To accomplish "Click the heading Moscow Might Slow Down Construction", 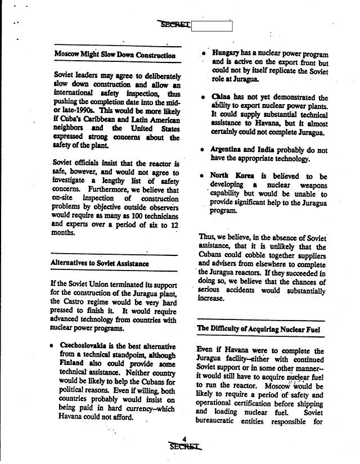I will coord(115,55).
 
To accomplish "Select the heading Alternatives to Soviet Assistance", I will coord(100,263).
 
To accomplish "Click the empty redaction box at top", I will coord(211,25).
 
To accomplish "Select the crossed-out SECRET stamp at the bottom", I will coord(184,447).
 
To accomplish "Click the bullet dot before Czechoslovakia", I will coord(52,345).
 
